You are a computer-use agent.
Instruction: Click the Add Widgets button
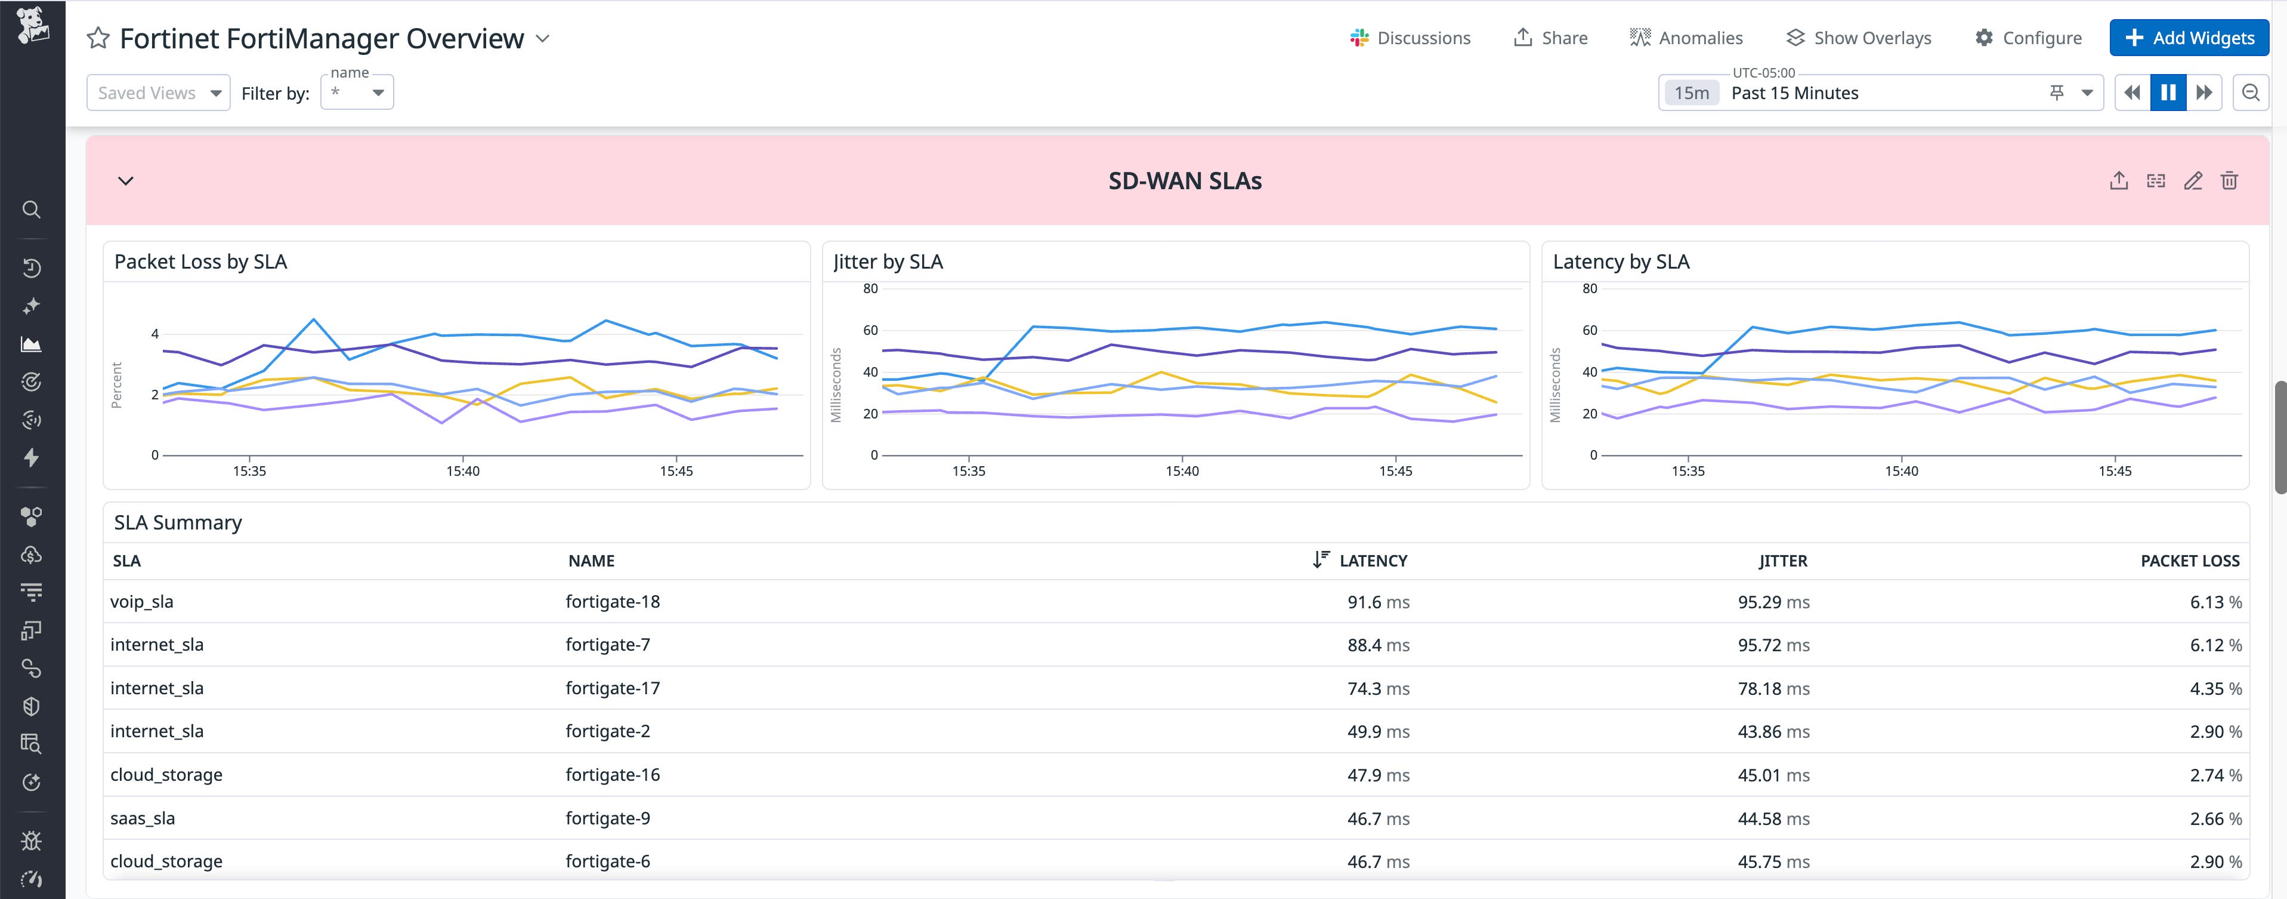pos(2189,38)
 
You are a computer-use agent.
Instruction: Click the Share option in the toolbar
pos(1550,38)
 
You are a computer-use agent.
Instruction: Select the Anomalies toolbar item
pos(1686,38)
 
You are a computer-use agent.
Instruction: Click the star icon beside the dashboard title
pos(98,38)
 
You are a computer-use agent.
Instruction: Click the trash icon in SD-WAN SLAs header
pos(2229,180)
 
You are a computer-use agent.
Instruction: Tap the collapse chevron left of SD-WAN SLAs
pos(126,180)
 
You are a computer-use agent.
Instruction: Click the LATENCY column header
pos(1372,561)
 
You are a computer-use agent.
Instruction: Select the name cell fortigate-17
pos(613,688)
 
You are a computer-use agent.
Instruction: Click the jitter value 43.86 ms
pos(1773,731)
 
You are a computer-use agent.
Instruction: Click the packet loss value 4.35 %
pos(2214,688)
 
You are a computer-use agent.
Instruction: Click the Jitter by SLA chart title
pos(888,261)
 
